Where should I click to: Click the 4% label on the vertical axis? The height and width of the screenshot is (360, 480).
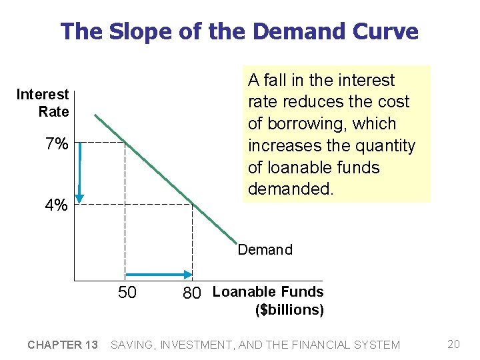tap(56, 205)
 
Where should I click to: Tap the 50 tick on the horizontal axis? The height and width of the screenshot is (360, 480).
tap(127, 293)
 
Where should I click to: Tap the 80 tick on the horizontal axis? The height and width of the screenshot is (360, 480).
tap(192, 293)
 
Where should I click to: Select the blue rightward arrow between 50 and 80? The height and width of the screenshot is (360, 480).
tap(159, 274)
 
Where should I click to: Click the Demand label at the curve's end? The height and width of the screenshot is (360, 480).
tap(265, 250)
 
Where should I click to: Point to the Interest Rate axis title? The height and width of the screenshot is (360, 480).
tap(43, 103)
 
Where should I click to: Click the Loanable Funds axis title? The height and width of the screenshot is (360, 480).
tap(267, 292)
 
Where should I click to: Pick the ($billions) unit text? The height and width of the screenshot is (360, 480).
tap(289, 310)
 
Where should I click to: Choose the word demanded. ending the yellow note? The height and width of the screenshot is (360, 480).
tap(290, 189)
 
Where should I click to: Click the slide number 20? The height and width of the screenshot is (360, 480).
tap(454, 344)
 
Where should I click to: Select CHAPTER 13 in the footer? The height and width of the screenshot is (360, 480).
tap(63, 345)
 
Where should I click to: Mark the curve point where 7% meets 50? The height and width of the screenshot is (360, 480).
tap(125, 142)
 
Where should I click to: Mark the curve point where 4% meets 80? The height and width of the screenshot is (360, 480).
tap(192, 204)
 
